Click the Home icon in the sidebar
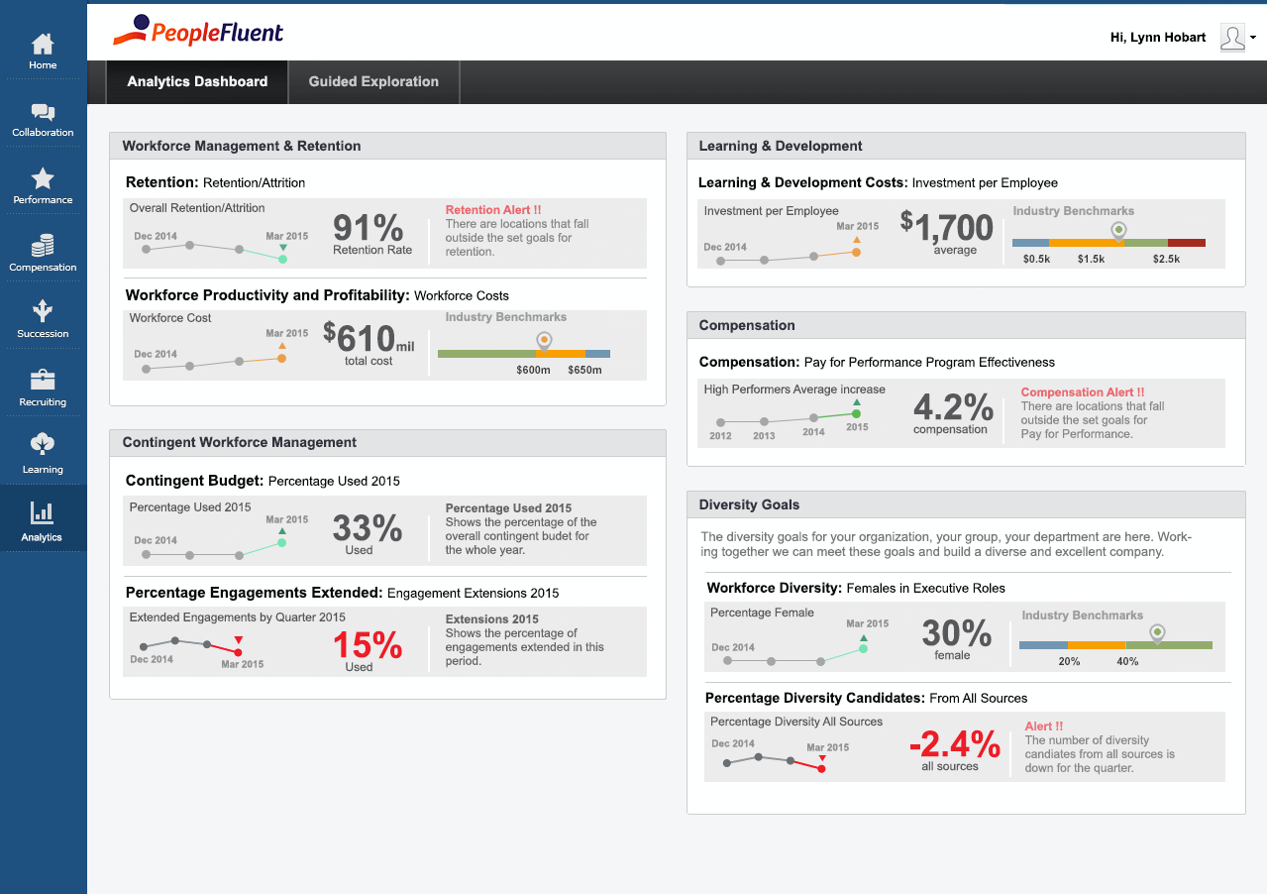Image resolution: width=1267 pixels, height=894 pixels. [x=43, y=45]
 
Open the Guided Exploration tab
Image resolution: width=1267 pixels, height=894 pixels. [x=373, y=82]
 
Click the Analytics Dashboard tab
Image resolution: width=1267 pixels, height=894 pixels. [x=197, y=82]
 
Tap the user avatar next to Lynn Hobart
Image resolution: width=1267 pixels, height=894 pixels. [x=1232, y=38]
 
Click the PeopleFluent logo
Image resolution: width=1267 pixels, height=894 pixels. [x=198, y=31]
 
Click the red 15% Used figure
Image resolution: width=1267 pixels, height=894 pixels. [x=367, y=646]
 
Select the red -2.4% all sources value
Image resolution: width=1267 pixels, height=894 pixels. [x=955, y=742]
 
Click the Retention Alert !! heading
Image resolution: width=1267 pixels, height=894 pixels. [x=493, y=210]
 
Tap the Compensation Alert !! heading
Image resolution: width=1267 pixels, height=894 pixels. [x=1082, y=392]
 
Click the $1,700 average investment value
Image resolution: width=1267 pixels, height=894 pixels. [x=947, y=228]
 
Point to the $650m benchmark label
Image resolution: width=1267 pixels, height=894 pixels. [x=584, y=371]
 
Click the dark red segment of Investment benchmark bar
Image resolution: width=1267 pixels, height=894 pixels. [x=1186, y=243]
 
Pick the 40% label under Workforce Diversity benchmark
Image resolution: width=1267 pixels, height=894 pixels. [x=1127, y=661]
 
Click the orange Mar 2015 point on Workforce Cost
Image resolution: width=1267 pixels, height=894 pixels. [x=281, y=359]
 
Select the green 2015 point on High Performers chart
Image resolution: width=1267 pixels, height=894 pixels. [x=857, y=413]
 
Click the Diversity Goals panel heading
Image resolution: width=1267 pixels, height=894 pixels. [x=749, y=504]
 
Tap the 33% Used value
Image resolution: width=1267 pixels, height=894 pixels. [x=367, y=528]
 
